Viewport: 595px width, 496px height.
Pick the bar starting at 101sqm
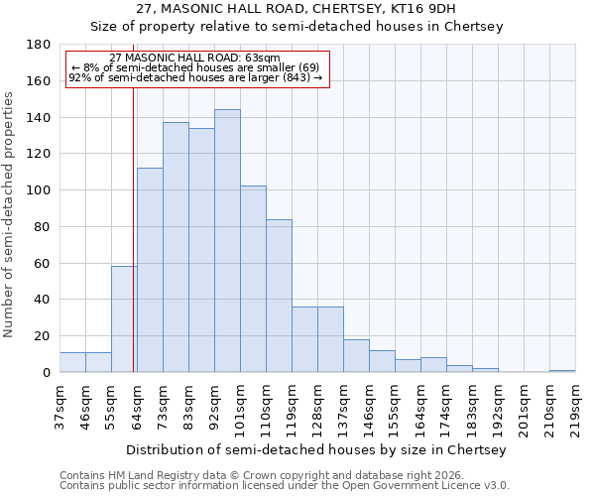(253, 279)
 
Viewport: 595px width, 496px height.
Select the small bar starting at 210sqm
(562, 371)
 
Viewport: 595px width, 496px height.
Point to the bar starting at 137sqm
(356, 356)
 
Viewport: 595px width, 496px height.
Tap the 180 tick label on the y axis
(39, 45)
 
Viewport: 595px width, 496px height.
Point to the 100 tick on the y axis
(39, 190)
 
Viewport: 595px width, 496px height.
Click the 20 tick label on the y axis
(45, 336)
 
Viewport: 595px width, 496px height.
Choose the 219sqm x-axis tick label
(575, 407)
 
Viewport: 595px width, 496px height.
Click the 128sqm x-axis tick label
(317, 407)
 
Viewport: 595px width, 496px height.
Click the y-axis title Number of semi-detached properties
(10, 214)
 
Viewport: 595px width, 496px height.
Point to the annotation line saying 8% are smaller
(195, 67)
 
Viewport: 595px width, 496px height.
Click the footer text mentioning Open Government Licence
(285, 485)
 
